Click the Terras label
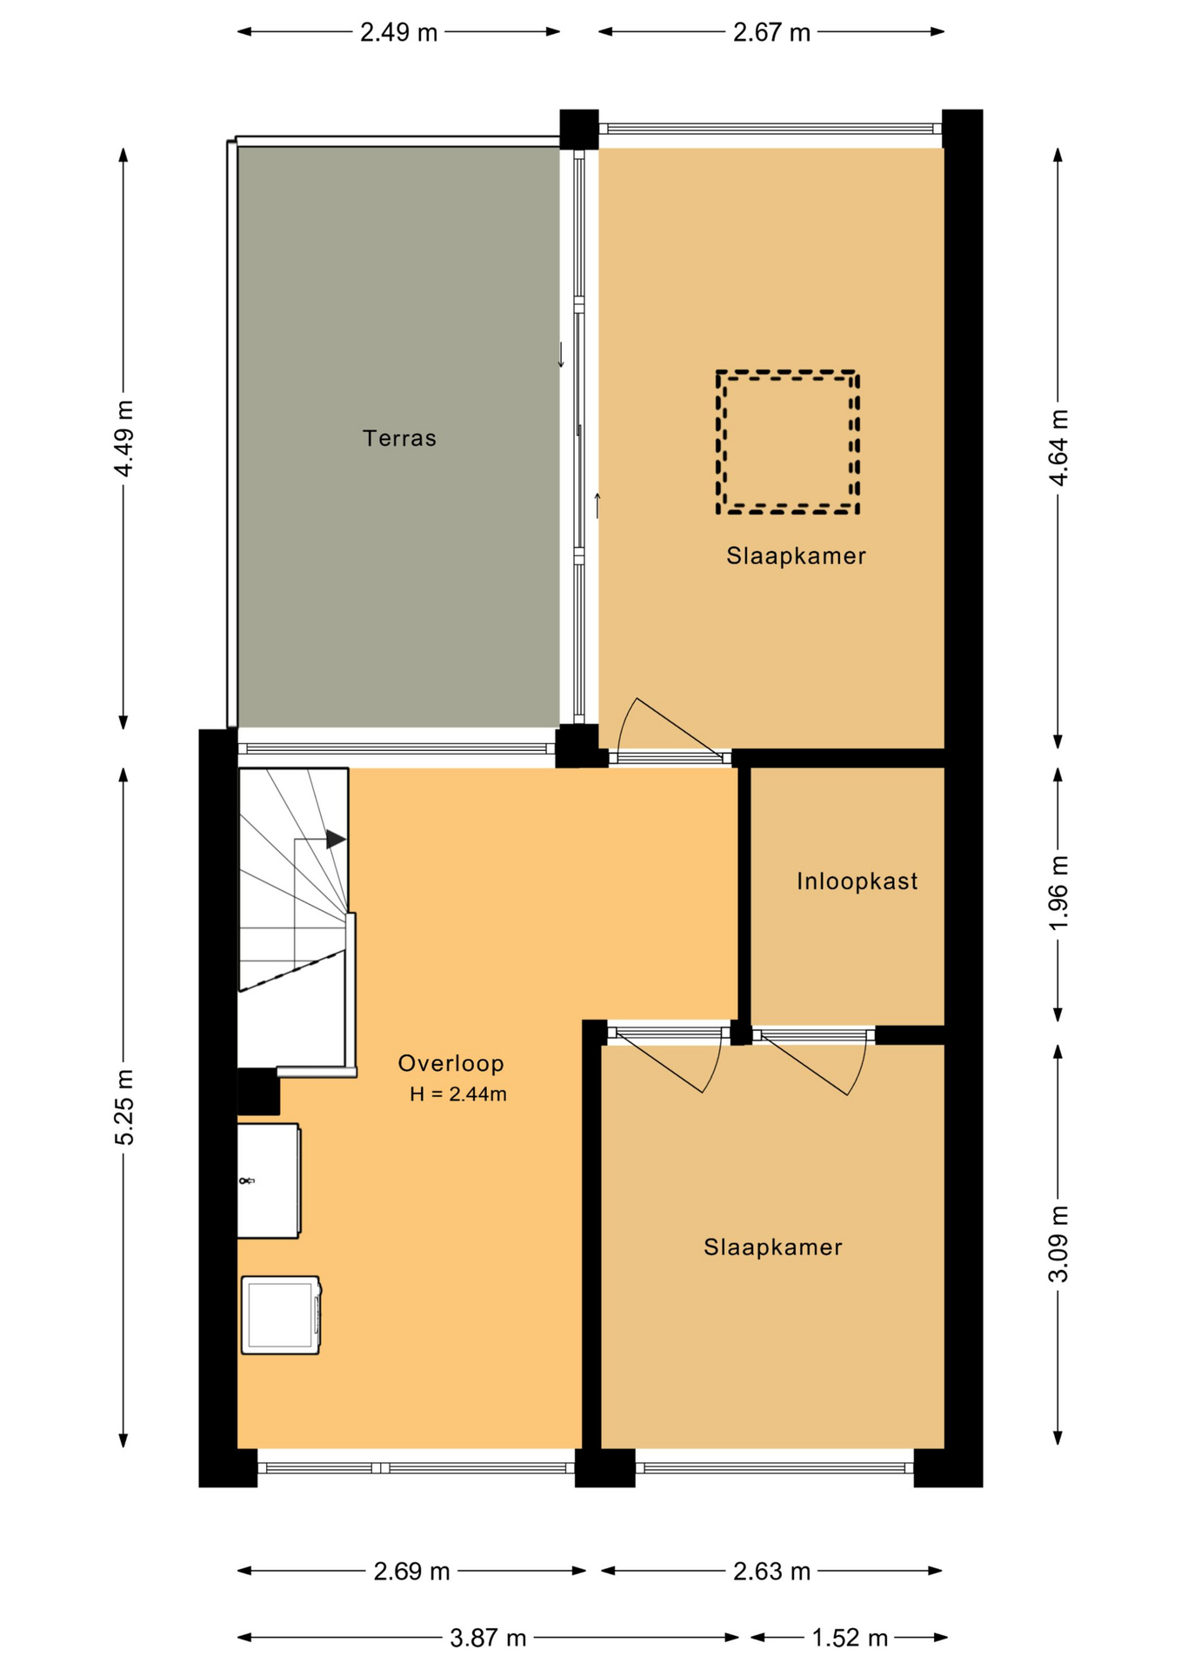coord(399,438)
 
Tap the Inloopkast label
coord(857,881)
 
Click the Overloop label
coord(450,1063)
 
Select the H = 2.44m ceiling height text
coord(458,1094)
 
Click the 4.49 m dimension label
coord(124,438)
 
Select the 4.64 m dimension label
coord(1058,448)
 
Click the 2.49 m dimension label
coord(399,33)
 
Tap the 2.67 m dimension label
coord(771,33)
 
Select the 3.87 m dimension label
coord(488,1639)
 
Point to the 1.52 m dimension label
coord(850,1639)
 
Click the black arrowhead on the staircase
coord(336,840)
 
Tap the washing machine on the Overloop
coord(281,1315)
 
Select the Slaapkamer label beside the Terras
coord(797,556)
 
